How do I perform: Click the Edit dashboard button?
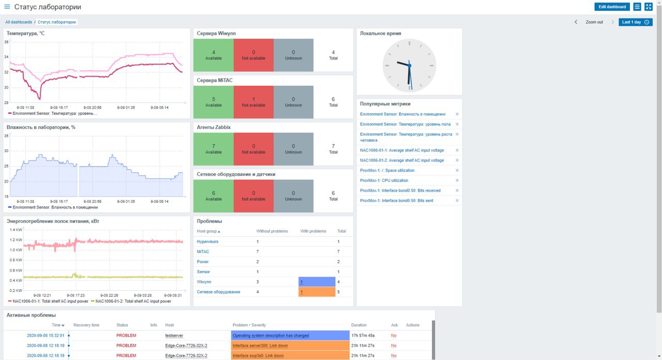pos(612,7)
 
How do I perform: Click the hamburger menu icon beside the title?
pos(7,7)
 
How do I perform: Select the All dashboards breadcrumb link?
pos(19,22)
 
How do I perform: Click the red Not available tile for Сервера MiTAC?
pos(253,102)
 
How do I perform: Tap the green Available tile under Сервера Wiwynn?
pos(213,55)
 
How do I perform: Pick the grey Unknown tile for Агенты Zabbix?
pos(293,149)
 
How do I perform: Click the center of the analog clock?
pos(409,65)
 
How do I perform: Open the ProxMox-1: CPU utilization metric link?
pos(384,181)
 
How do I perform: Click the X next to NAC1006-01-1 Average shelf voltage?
pos(457,151)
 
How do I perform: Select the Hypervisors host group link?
pos(207,242)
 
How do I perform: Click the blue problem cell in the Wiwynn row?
pos(317,282)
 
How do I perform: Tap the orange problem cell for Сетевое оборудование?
pos(317,292)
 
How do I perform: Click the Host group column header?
pos(208,231)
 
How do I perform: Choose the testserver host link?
pos(174,336)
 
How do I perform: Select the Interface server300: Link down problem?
pos(260,346)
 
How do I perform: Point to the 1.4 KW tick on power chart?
pos(16,230)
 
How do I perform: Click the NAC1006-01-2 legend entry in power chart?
pos(133,301)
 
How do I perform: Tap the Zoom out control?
pos(594,22)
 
